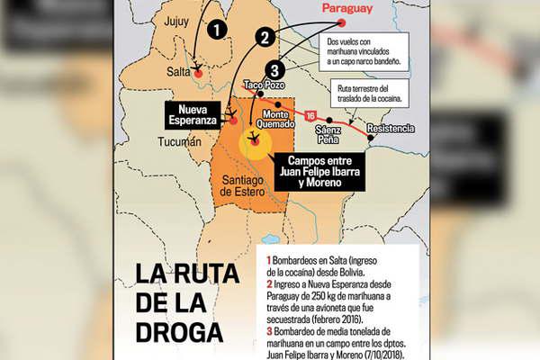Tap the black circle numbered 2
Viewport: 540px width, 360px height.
(265, 37)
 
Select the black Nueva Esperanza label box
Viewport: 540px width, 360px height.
(193, 114)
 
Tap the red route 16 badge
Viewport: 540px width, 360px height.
(310, 116)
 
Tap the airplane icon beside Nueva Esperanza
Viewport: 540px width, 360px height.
(232, 116)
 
